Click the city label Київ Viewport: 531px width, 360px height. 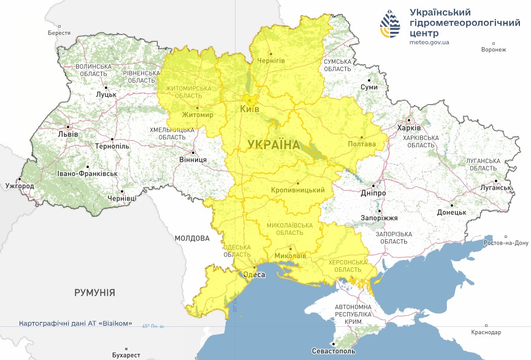click(x=249, y=109)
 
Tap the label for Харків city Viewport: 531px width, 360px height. click(x=409, y=128)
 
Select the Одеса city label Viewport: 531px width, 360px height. click(x=254, y=275)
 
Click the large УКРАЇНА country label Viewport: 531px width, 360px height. click(x=273, y=145)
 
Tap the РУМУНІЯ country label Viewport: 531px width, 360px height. click(x=94, y=293)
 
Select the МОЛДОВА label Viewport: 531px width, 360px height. click(x=192, y=238)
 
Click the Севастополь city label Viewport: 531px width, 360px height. click(x=334, y=352)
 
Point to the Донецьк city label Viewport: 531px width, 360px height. click(x=451, y=212)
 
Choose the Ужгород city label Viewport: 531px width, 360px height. click(x=19, y=185)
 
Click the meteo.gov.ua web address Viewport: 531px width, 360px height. click(x=429, y=42)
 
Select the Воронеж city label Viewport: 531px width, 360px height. click(x=494, y=50)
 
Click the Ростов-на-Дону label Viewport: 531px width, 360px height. click(x=506, y=243)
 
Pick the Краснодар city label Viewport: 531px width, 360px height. click(x=486, y=332)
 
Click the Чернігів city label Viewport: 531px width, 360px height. click(x=271, y=61)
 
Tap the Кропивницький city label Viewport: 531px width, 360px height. click(x=297, y=190)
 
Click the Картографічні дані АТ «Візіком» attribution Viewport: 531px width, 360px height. click(x=75, y=323)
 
